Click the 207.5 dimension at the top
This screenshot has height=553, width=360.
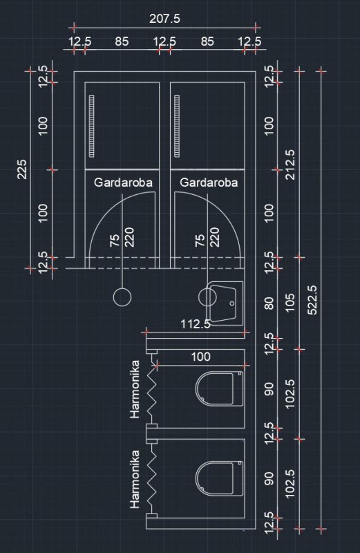[164, 19]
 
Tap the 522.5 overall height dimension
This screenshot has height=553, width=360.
[312, 300]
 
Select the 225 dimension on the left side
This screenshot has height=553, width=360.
[22, 169]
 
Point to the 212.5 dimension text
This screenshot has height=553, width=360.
[290, 165]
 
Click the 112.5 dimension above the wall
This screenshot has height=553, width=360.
[196, 324]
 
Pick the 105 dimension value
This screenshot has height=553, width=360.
[290, 303]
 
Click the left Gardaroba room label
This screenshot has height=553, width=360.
[123, 182]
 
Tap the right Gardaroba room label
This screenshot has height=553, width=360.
[209, 182]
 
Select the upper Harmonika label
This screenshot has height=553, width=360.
[135, 389]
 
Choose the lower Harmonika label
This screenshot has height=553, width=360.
[135, 479]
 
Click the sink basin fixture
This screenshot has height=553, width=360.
[225, 303]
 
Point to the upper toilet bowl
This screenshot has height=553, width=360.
[219, 388]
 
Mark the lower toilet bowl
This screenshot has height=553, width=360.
[219, 478]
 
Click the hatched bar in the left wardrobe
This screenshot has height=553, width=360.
[92, 126]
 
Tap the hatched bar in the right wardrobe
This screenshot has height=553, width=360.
[177, 126]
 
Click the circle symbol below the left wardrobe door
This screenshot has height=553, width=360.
[122, 297]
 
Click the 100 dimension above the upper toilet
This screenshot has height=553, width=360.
[200, 357]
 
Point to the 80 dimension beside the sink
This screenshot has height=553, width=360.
[269, 303]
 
